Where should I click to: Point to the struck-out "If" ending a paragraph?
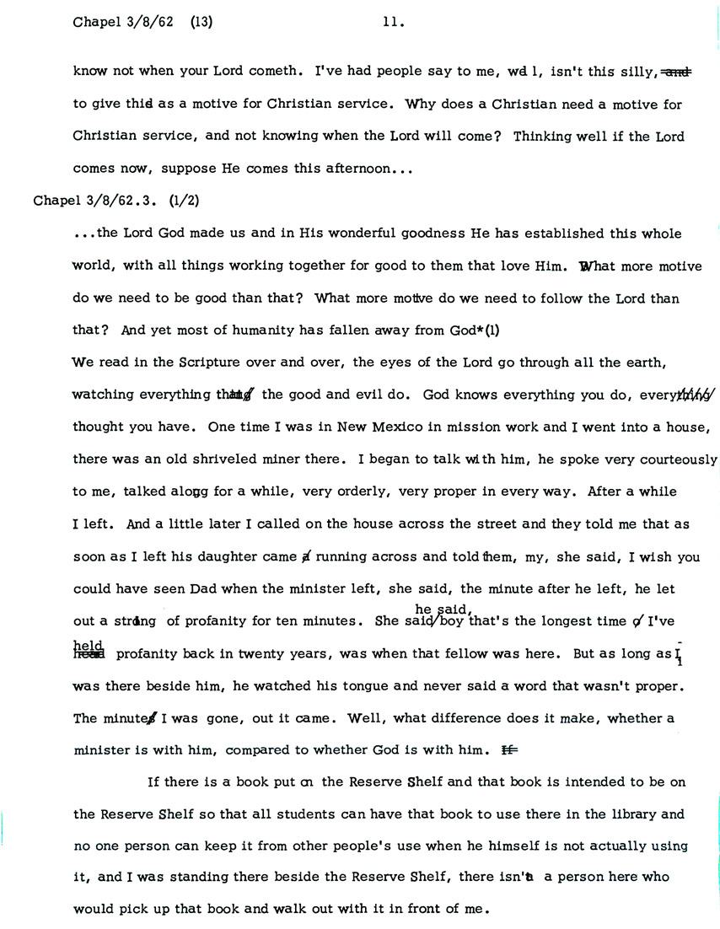(x=508, y=749)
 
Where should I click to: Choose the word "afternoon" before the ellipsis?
(x=351, y=169)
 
